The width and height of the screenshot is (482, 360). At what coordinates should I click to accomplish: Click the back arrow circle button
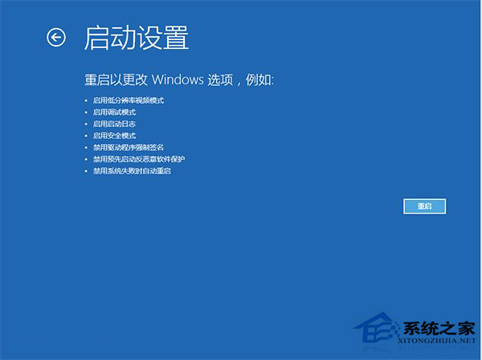pyautogui.click(x=55, y=37)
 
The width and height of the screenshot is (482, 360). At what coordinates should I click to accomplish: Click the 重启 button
pyautogui.click(x=424, y=207)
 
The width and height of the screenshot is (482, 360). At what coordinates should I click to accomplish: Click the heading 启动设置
pyautogui.click(x=136, y=38)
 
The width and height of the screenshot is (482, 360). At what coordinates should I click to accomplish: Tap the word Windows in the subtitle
pyautogui.click(x=198, y=80)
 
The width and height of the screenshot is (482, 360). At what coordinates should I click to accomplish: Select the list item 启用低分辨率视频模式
pyautogui.click(x=129, y=100)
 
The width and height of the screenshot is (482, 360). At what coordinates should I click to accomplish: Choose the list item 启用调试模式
pyautogui.click(x=114, y=112)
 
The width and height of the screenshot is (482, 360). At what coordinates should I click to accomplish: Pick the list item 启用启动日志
pyautogui.click(x=114, y=124)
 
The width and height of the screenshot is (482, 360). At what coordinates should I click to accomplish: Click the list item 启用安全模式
pyautogui.click(x=114, y=136)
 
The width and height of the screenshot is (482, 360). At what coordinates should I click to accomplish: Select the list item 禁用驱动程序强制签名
pyautogui.click(x=129, y=148)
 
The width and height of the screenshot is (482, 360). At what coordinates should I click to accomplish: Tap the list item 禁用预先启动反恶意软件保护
pyautogui.click(x=139, y=159)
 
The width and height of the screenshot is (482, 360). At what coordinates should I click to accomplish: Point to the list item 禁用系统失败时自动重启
pyautogui.click(x=133, y=171)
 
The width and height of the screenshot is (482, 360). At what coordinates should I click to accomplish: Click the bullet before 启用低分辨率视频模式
pyautogui.click(x=86, y=100)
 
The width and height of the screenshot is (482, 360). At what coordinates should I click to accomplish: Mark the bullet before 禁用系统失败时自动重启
pyautogui.click(x=86, y=171)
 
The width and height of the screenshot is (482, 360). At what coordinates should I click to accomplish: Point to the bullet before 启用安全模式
pyautogui.click(x=86, y=136)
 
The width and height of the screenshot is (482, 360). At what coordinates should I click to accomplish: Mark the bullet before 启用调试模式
pyautogui.click(x=86, y=112)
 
